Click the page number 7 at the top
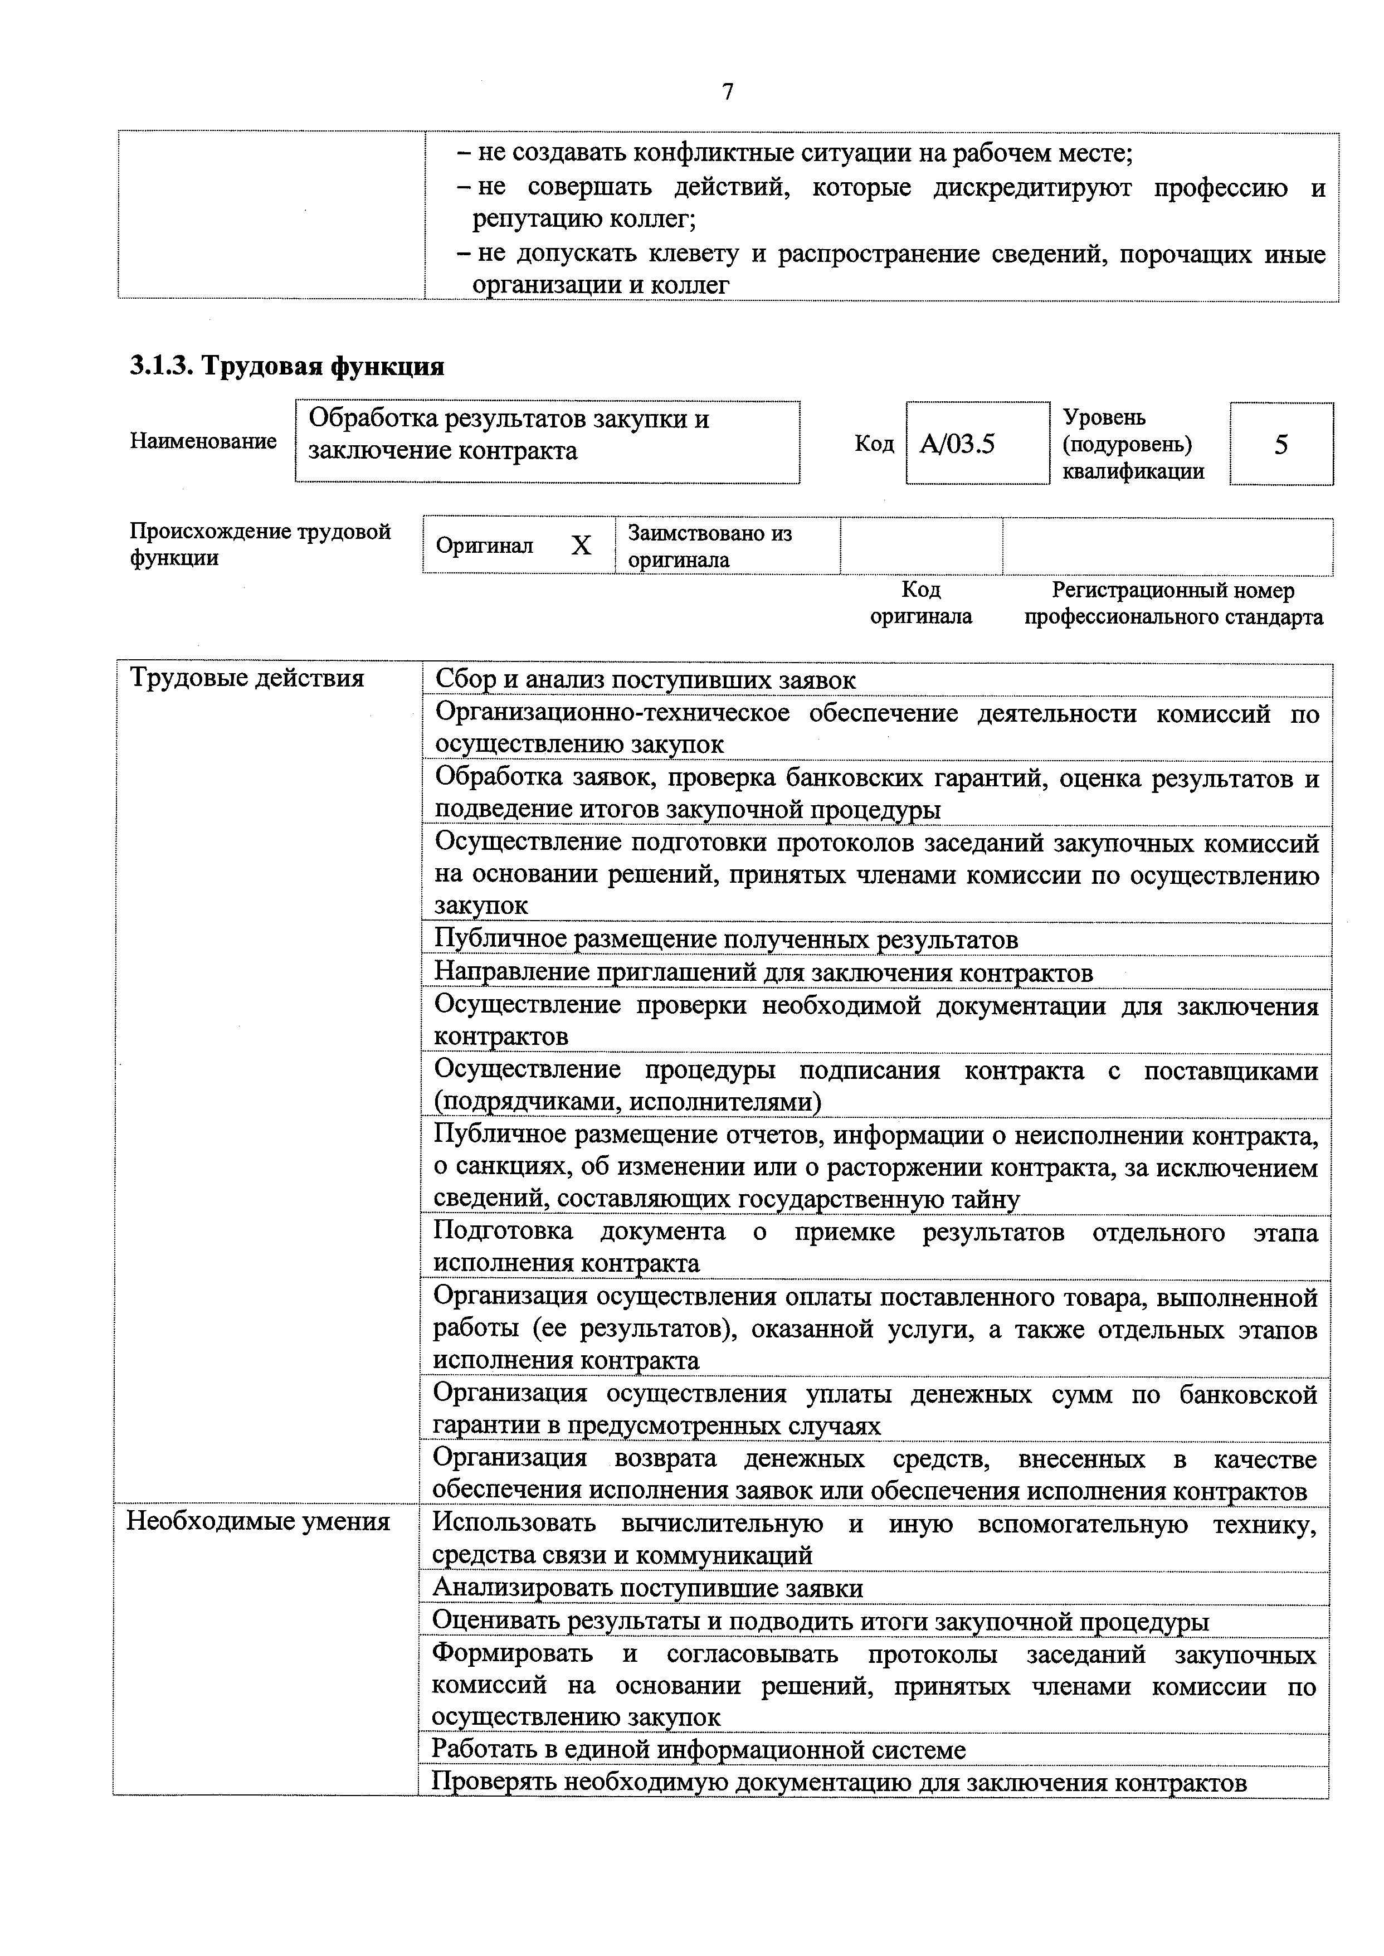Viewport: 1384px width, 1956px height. point(727,91)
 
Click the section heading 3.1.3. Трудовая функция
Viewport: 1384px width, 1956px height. point(286,367)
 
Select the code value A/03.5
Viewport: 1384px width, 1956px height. point(957,444)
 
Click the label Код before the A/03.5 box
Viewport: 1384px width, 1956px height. point(874,444)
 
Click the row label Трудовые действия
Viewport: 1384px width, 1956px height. point(246,678)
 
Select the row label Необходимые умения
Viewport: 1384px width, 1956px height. point(258,1521)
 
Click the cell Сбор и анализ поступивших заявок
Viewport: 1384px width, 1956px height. point(645,680)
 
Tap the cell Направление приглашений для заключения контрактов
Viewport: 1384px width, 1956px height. point(763,972)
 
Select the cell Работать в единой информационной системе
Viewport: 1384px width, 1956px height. point(699,1750)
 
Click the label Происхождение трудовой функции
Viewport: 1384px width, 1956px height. point(260,544)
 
